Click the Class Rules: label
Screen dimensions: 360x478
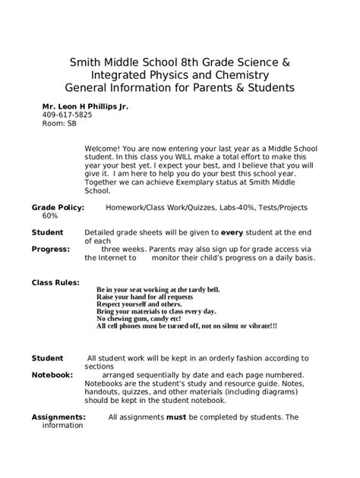[55, 281]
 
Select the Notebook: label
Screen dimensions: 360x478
[52, 375]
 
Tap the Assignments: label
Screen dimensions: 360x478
[58, 417]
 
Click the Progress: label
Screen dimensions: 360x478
[51, 248]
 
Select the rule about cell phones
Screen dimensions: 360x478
[187, 326]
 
